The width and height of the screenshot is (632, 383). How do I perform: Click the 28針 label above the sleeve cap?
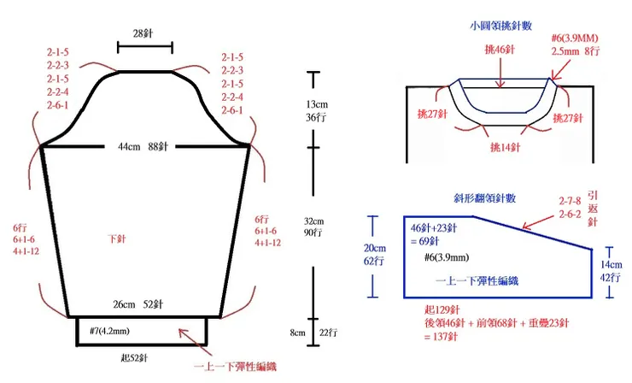pos(143,33)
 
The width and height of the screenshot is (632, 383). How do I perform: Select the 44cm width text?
pos(129,146)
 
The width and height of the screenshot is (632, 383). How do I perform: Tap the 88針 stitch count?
pos(158,146)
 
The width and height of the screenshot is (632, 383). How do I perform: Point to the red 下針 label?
pos(117,239)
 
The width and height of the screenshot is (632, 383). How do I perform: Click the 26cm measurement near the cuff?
pos(124,304)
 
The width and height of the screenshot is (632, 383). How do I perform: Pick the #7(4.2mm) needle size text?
pos(109,332)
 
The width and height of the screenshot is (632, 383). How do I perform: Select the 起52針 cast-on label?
pos(134,357)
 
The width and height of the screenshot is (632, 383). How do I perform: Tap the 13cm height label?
pos(317,104)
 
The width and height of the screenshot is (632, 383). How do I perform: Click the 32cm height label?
pos(314,221)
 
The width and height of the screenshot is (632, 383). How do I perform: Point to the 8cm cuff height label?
pos(297,333)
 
